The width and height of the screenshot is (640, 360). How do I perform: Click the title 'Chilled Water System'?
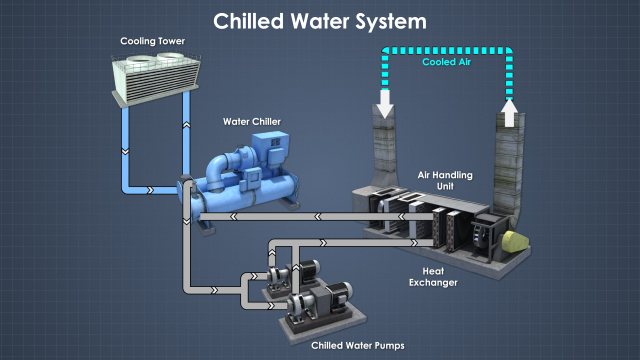(x=320, y=20)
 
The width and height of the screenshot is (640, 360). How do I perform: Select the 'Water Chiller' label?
(x=251, y=122)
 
